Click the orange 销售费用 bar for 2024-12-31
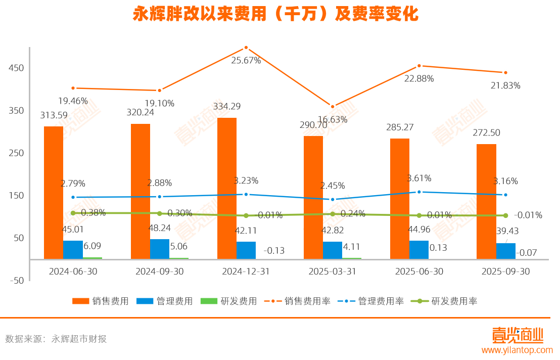227,188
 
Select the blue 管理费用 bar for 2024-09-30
160,249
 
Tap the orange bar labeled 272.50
486,201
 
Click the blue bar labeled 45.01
73,250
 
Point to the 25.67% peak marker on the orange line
246,48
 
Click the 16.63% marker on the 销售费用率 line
333,107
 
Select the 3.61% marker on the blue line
419,192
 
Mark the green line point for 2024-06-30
73,213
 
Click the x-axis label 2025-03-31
333,272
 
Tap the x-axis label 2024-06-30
73,272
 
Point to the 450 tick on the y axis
17,68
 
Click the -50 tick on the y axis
16,281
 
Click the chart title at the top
275,14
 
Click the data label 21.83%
505,86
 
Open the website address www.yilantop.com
517,350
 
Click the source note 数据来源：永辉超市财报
56,339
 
